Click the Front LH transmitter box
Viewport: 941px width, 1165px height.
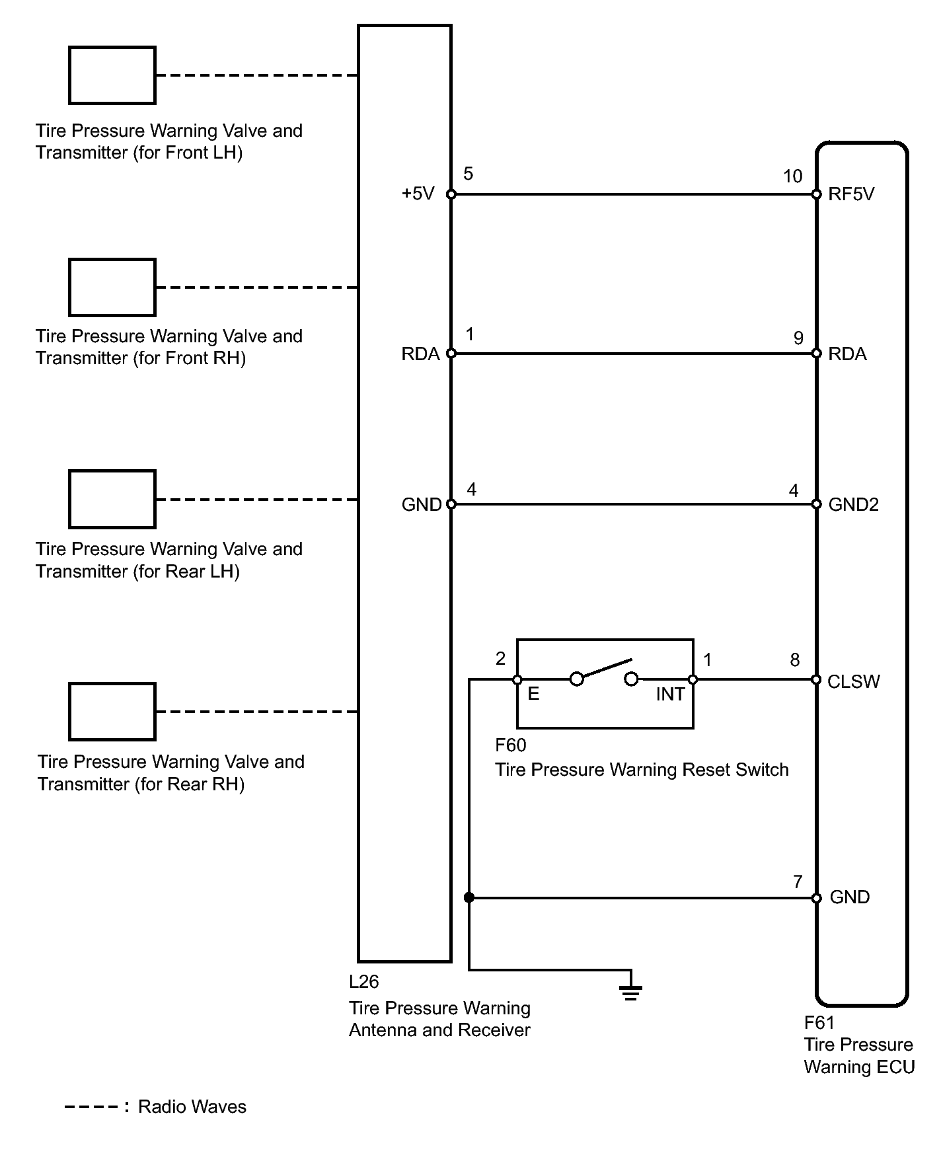point(112,75)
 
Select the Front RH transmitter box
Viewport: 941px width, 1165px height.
point(112,287)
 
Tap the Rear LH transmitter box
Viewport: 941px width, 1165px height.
point(112,500)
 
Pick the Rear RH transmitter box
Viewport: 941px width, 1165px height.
point(112,712)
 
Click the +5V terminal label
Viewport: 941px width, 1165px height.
point(418,194)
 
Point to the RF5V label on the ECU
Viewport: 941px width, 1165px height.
point(851,194)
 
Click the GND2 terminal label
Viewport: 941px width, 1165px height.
point(853,505)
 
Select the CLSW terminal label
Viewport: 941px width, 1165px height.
point(853,681)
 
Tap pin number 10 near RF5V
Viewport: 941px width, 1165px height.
point(792,176)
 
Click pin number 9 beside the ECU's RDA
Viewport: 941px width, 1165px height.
point(798,338)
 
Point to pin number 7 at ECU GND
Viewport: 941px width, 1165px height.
point(798,882)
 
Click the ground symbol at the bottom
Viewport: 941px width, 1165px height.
point(630,991)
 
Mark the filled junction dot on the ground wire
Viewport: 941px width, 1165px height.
point(469,897)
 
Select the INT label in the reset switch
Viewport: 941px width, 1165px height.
point(669,695)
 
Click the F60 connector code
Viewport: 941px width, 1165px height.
point(511,745)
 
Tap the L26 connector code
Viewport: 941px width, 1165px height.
point(364,982)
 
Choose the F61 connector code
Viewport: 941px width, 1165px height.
point(819,1023)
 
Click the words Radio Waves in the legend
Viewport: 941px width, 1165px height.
point(192,1107)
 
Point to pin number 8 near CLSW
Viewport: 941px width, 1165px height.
point(795,659)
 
